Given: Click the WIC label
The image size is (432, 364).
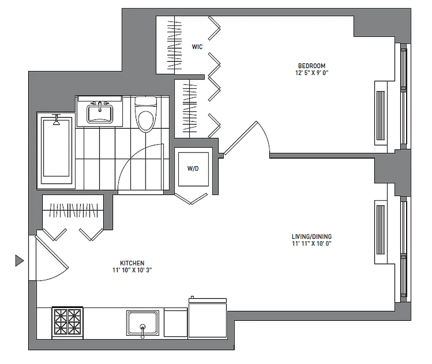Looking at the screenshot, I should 197,46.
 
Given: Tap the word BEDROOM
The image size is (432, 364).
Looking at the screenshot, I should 311,66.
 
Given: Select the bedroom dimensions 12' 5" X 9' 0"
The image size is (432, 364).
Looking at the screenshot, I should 311,72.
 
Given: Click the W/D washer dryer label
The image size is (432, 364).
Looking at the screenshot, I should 192,168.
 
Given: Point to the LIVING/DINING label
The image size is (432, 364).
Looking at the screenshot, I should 311,237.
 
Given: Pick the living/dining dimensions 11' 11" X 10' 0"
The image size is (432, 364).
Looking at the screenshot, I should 311,243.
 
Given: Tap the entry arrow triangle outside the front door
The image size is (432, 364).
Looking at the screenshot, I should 19,260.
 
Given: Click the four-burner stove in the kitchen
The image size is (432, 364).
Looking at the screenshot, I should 67,322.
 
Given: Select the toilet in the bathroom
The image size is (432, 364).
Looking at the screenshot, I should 146,116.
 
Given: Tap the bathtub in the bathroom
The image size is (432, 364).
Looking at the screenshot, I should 57,150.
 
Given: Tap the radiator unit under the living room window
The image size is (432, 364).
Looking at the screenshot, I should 380,232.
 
